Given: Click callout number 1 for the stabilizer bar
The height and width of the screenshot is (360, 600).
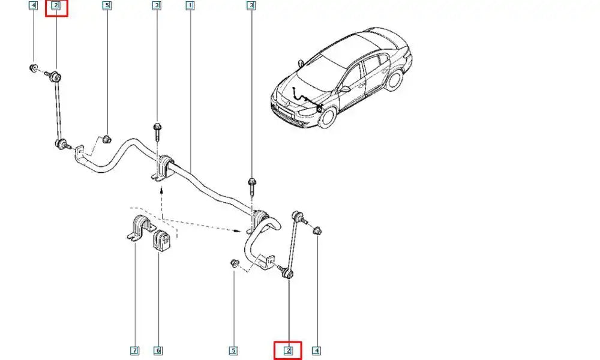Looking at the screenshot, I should [190, 6].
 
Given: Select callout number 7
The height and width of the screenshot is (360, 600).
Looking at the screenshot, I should [136, 350].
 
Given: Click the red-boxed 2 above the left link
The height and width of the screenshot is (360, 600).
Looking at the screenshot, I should [56, 7].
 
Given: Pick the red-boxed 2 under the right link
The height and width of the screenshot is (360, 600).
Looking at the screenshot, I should [288, 350].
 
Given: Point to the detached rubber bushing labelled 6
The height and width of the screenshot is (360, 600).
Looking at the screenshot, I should [163, 240].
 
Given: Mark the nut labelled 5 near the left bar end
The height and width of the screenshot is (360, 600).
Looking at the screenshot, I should [106, 140].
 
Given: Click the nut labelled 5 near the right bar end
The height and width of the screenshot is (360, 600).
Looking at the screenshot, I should [235, 263].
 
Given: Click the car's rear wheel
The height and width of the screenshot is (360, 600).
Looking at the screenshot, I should [397, 80].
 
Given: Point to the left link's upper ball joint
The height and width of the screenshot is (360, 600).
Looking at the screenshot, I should [55, 76].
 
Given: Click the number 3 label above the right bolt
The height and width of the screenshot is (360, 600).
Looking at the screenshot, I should [251, 6].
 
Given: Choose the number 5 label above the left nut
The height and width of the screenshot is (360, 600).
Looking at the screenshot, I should [106, 6].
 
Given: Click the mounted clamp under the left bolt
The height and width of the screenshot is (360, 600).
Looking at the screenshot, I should [163, 167].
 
